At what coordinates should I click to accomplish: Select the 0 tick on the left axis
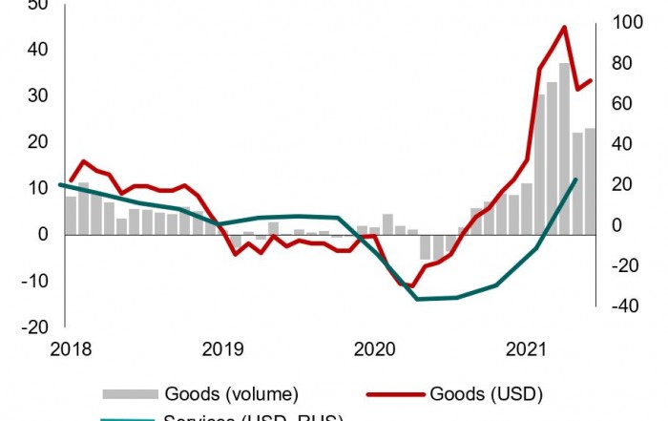[43, 234]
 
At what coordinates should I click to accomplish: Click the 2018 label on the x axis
[73, 350]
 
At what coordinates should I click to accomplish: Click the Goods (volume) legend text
[232, 393]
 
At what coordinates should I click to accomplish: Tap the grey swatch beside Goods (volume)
[130, 393]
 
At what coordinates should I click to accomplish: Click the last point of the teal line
[576, 179]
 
